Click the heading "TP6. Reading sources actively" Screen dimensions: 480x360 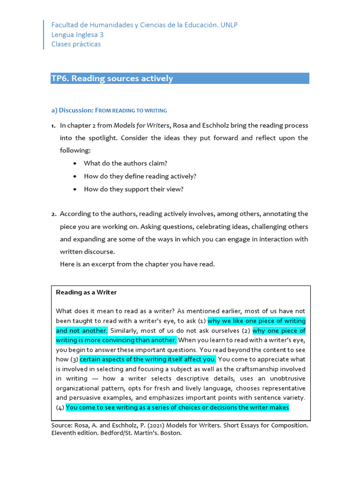pos(112,79)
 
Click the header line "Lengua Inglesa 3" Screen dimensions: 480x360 pos(77,35)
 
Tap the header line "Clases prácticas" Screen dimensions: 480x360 pos(76,45)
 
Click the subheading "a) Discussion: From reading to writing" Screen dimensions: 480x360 pos(109,111)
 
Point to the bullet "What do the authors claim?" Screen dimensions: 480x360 pos(125,163)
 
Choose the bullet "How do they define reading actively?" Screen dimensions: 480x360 pos(140,176)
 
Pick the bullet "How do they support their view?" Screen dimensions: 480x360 pos(133,189)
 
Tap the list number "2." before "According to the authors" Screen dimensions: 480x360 pos(54,214)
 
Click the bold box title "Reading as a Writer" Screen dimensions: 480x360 pos(86,292)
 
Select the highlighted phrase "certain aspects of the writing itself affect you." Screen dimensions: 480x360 pos(148,360)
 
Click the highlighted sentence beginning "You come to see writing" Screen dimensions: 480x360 pos(177,407)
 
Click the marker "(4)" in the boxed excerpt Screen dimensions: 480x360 pos(60,407)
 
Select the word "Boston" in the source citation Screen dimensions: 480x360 pos(170,433)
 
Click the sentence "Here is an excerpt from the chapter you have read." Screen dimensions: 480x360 pos(137,264)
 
